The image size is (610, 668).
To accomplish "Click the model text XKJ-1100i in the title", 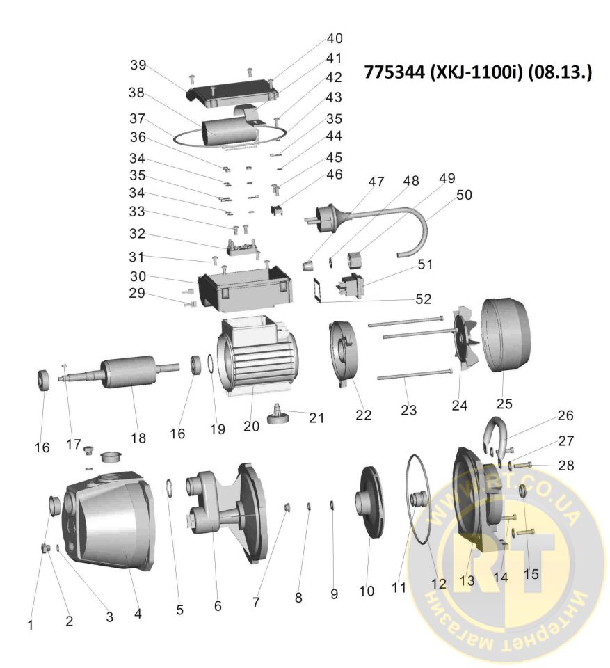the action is [x=476, y=72].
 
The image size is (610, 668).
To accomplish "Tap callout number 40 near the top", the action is [x=335, y=38].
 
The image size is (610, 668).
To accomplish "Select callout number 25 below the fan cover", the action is [x=504, y=404].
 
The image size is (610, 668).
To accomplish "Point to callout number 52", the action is [x=424, y=299].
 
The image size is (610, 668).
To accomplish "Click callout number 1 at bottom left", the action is [x=30, y=625].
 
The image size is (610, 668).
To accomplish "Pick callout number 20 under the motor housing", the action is [x=251, y=426].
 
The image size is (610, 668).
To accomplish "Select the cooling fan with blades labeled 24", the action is [x=465, y=341].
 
